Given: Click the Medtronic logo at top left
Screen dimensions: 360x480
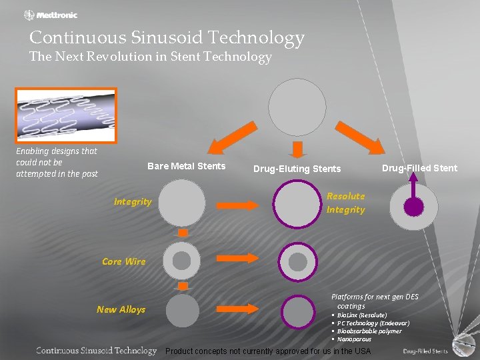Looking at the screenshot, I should click(51, 15).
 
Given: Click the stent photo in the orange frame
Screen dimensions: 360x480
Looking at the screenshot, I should click(66, 115).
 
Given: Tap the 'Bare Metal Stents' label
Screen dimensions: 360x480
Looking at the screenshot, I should click(186, 166).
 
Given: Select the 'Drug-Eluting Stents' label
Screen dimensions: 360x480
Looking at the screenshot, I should click(297, 169).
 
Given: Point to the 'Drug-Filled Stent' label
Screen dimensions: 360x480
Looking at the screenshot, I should click(419, 168).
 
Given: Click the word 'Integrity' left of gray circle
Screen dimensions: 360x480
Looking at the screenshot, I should click(133, 201).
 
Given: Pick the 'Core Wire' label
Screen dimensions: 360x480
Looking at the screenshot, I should click(123, 261).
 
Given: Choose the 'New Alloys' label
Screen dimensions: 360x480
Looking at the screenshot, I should click(121, 309).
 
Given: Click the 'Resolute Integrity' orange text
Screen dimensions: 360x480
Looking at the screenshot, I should click(345, 203).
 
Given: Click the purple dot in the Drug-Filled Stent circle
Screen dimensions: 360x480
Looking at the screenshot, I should click(413, 207).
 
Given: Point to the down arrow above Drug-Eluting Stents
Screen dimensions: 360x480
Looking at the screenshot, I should click(297, 150).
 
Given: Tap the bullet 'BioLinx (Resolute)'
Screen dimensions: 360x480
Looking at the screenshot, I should click(361, 315).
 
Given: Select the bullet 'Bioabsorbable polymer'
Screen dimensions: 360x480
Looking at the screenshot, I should click(369, 331).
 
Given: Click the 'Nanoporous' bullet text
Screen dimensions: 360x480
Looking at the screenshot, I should click(354, 339).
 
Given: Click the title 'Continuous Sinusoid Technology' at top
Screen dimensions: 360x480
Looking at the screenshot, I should click(167, 37).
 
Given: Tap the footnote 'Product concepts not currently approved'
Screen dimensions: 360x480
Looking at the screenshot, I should click(268, 351).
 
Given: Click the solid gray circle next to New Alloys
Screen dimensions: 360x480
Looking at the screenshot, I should click(182, 311).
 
